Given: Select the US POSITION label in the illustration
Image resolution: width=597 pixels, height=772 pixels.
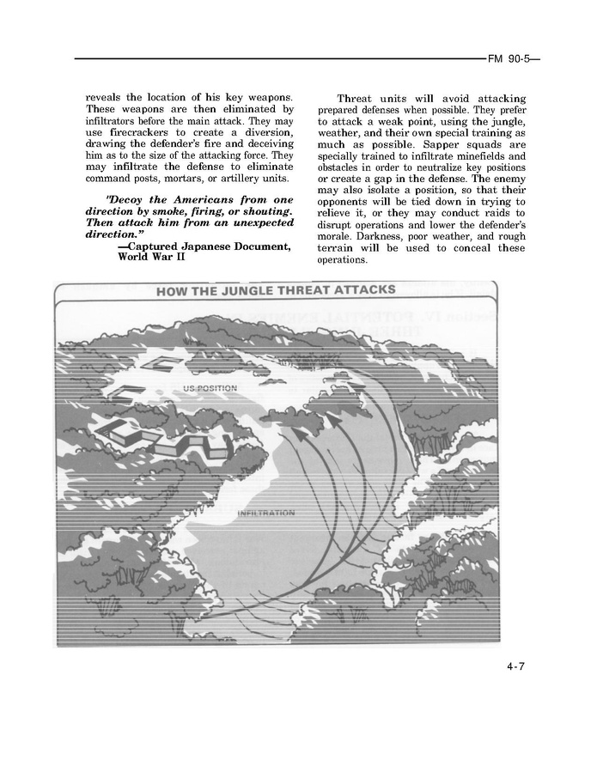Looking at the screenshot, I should (210, 388).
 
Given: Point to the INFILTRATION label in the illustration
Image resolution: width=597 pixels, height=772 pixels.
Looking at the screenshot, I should (265, 514).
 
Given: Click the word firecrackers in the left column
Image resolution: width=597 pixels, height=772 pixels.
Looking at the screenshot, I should (163, 133).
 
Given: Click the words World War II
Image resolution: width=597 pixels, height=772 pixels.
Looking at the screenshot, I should (151, 257).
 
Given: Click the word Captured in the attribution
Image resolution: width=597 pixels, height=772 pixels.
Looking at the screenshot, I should (158, 246).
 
